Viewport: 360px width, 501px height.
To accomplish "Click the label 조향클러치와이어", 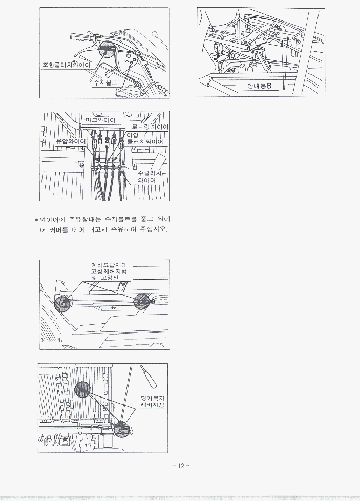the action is tap(67, 65).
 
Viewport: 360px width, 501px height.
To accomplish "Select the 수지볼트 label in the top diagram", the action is tap(105, 83).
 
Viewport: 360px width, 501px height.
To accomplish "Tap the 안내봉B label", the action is tap(260, 86).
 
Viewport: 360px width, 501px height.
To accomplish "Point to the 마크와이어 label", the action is tap(100, 120).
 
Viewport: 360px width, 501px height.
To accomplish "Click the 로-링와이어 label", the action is tap(151, 127).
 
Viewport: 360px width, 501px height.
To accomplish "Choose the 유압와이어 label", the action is tap(71, 141).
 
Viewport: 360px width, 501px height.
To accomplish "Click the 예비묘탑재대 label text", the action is tap(109, 265).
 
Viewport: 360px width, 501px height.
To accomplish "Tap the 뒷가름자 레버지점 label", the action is tap(153, 402).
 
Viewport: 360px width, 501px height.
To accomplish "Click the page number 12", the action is tap(181, 466).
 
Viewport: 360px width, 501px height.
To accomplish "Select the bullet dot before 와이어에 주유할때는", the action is tap(36, 220).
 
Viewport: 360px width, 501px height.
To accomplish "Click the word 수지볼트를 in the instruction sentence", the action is tap(121, 219).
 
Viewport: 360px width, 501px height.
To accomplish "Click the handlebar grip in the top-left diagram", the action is tap(78, 36).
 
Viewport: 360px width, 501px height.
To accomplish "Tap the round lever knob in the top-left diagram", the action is tap(155, 33).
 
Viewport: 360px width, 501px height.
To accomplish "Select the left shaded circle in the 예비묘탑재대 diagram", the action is tap(62, 303).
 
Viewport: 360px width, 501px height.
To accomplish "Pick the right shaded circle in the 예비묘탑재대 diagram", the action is tap(141, 301).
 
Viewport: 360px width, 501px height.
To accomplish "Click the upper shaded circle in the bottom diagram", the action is tap(82, 389).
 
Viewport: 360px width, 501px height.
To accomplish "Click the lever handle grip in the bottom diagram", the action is tap(148, 375).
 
